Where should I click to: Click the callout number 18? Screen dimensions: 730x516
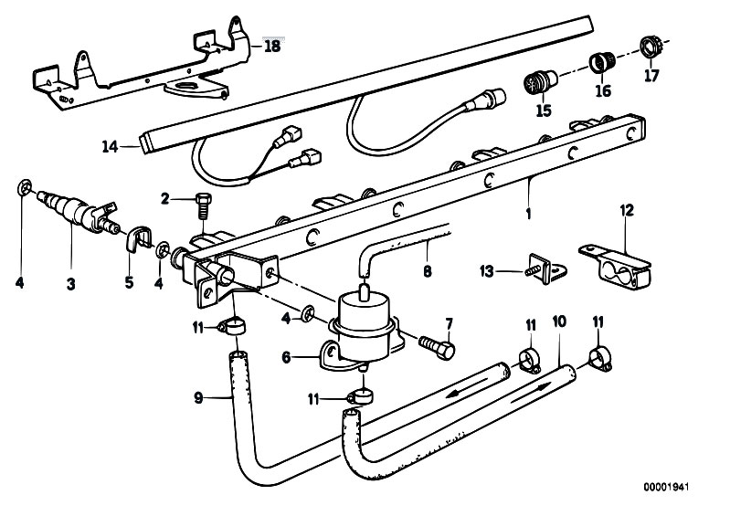coord(272,46)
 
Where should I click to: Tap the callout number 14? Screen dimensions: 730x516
coord(111,146)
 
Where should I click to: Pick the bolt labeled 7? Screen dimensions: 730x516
coord(436,347)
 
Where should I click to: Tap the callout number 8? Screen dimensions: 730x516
coord(428,271)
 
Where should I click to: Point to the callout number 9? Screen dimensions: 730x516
coord(199,398)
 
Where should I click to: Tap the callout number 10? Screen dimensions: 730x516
coord(559,321)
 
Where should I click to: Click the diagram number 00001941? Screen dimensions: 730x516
coord(666,487)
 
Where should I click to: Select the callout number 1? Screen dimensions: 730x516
coord(528,214)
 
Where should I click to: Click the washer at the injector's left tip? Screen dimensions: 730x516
coord(24,187)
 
